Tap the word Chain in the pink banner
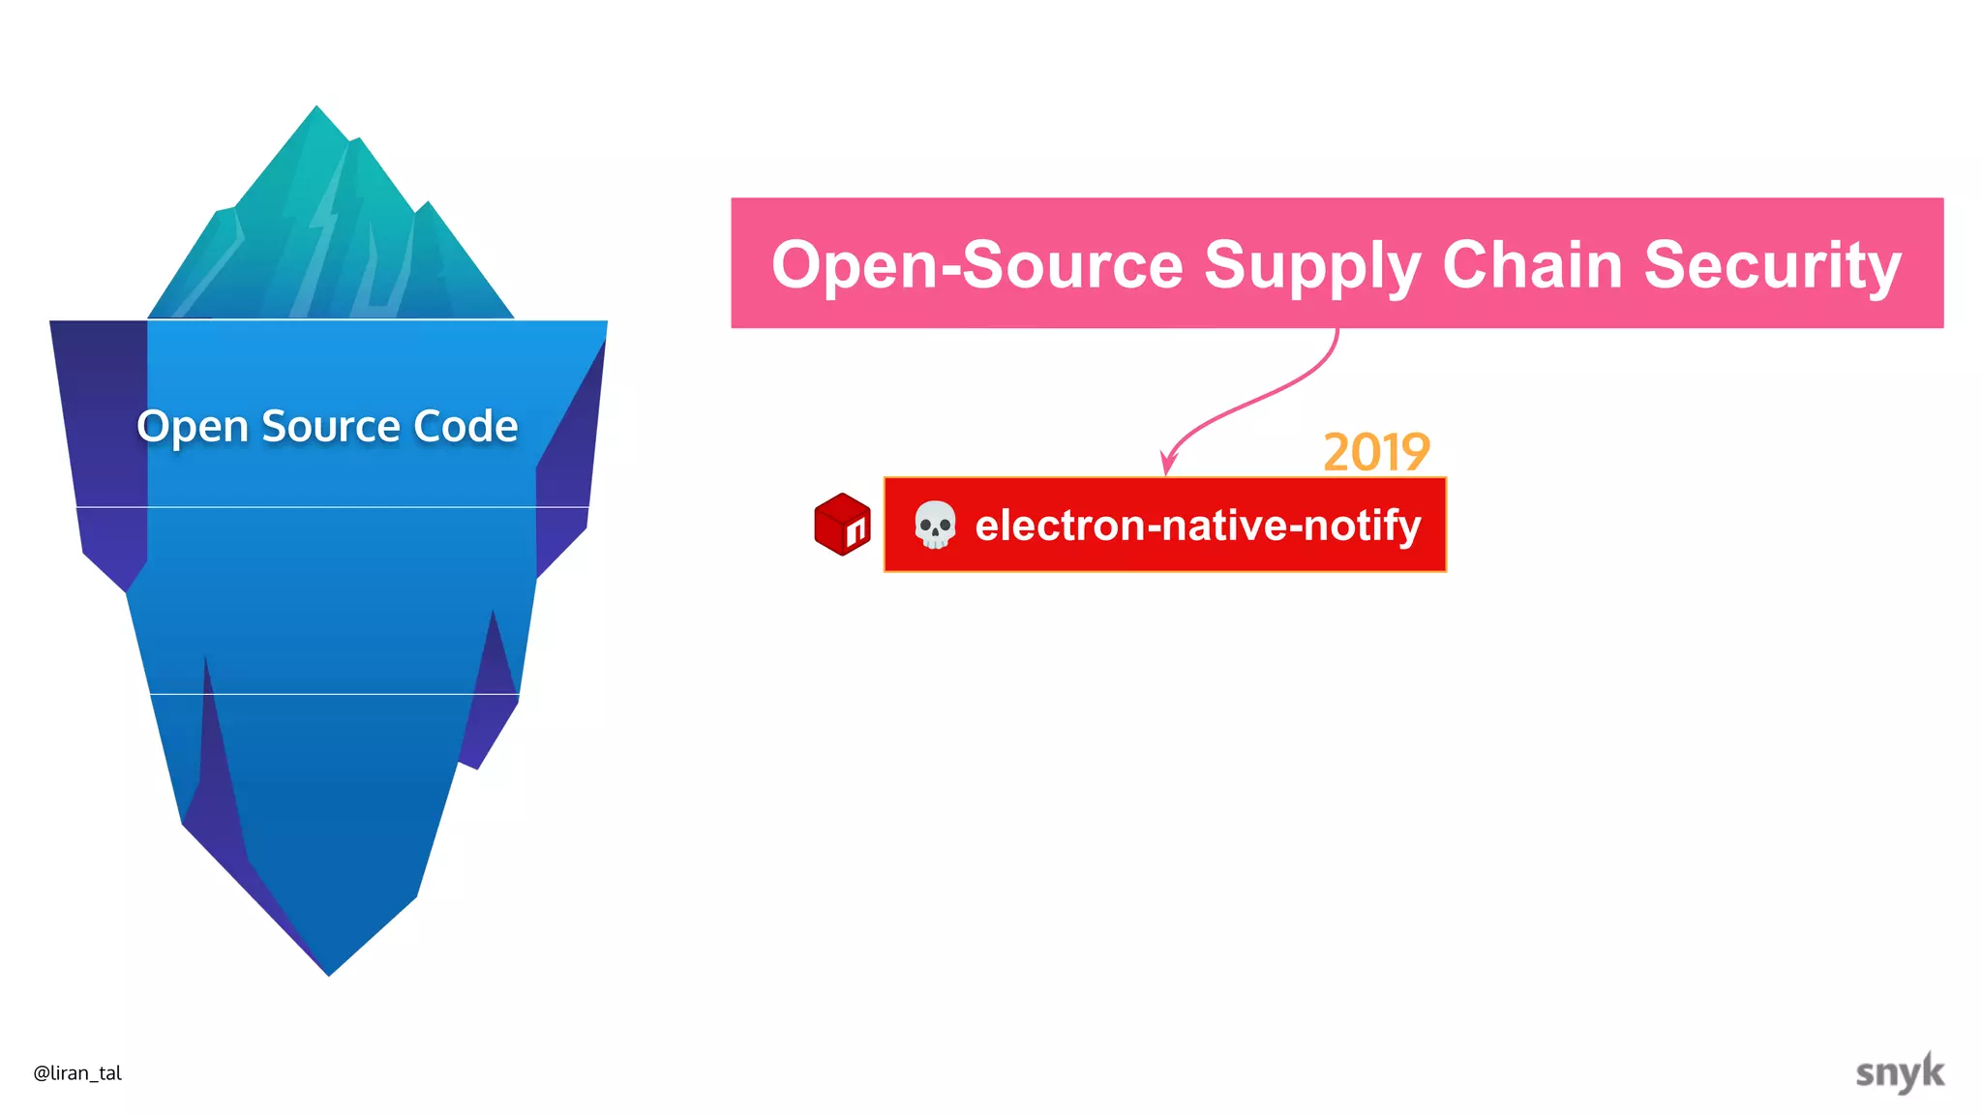(x=1532, y=264)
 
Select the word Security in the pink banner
(x=1772, y=266)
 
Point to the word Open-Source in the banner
(x=977, y=264)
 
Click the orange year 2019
(x=1376, y=452)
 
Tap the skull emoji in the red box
(x=935, y=526)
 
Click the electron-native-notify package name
(x=1197, y=526)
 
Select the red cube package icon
(x=842, y=524)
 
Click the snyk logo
(x=1899, y=1072)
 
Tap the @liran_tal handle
(x=77, y=1072)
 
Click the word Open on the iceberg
(x=193, y=427)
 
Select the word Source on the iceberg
(x=330, y=427)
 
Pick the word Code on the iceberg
(x=465, y=427)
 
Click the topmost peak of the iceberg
(x=316, y=107)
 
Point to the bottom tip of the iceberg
(x=329, y=973)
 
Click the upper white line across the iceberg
(x=329, y=507)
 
